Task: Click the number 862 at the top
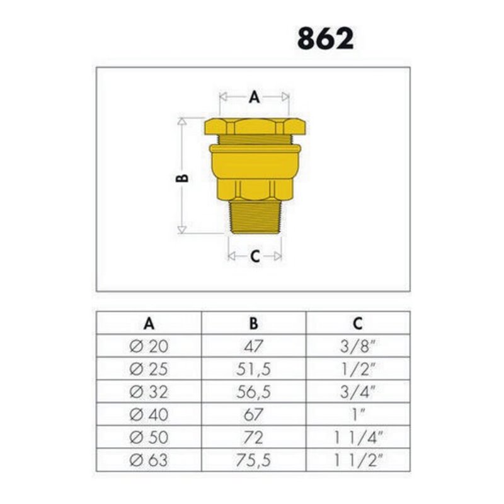pyautogui.click(x=325, y=38)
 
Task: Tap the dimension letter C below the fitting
pyautogui.click(x=255, y=256)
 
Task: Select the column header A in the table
pyautogui.click(x=149, y=323)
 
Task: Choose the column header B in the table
pyautogui.click(x=253, y=323)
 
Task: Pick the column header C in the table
pyautogui.click(x=357, y=323)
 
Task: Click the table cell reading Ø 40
pyautogui.click(x=149, y=415)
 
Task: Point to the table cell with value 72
pyautogui.click(x=253, y=437)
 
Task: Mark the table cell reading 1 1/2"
pyautogui.click(x=357, y=460)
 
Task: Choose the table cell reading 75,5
pyautogui.click(x=253, y=460)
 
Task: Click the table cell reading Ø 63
pyautogui.click(x=149, y=460)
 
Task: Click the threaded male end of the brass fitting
pyautogui.click(x=254, y=217)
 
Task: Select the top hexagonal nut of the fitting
pyautogui.click(x=255, y=125)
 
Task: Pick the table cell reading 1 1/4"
pyautogui.click(x=357, y=437)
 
